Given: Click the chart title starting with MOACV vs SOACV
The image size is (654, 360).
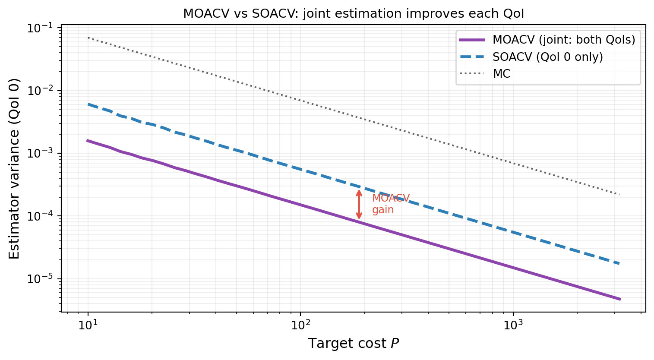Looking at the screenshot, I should pyautogui.click(x=354, y=13).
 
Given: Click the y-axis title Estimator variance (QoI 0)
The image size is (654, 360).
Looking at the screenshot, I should pyautogui.click(x=14, y=169).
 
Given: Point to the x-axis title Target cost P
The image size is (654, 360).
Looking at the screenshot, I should pyautogui.click(x=354, y=344).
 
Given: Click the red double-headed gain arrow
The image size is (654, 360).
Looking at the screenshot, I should pyautogui.click(x=359, y=204).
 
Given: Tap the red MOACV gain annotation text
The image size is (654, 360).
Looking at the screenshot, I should pyautogui.click(x=390, y=204).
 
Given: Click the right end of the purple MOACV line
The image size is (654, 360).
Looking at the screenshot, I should pyautogui.click(x=619, y=299).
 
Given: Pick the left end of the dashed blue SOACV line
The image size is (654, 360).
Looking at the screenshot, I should pyautogui.click(x=88, y=104).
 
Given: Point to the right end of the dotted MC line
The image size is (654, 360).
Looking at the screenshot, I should pyautogui.click(x=619, y=194).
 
